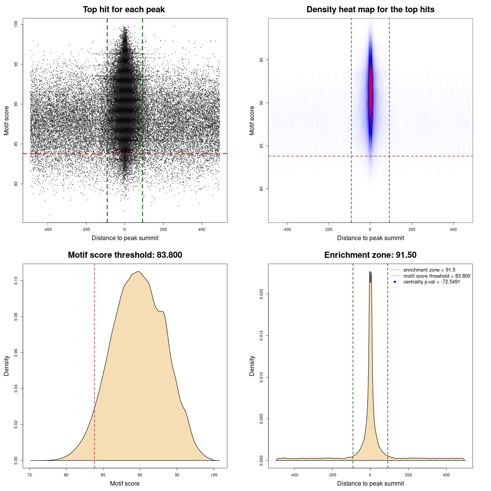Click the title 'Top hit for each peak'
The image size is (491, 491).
point(124,10)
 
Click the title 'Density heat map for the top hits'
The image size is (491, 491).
point(370,10)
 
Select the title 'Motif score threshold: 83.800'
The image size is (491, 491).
point(125,255)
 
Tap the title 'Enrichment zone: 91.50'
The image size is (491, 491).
point(370,255)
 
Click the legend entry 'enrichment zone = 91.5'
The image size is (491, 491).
point(429,270)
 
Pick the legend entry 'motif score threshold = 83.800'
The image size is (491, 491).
point(437,276)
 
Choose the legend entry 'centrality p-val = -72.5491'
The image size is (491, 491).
point(432,282)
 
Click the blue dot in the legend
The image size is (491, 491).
point(395,282)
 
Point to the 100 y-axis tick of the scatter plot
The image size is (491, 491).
point(16,24)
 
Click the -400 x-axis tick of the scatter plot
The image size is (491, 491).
point(48,229)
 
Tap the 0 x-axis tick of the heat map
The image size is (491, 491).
point(370,229)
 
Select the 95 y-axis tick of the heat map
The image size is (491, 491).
point(261,60)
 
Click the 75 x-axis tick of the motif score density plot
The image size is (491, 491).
point(30,475)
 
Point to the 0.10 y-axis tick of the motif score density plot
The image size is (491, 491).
point(16,281)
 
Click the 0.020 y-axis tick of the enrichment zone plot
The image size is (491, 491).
point(261,294)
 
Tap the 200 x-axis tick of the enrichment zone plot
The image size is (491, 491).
point(408,475)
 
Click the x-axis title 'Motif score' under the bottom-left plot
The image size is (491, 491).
point(125,483)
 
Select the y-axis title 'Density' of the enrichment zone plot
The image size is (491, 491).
point(252,366)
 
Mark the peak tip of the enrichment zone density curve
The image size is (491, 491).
point(371,272)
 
